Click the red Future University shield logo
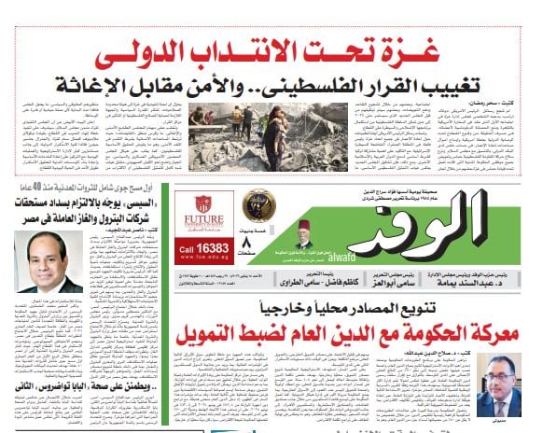[x=202, y=207]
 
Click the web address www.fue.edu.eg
[x=201, y=262]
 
